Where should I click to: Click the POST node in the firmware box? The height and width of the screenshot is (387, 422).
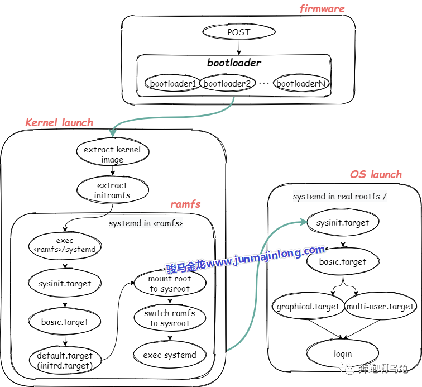click(x=238, y=32)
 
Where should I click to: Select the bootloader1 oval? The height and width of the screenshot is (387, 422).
click(x=173, y=84)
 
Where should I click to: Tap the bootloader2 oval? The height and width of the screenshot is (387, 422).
click(x=227, y=84)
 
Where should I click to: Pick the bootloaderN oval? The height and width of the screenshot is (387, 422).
click(x=301, y=84)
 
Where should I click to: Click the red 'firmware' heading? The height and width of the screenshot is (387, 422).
click(x=322, y=8)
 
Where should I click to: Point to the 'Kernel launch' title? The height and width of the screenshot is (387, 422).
click(x=59, y=122)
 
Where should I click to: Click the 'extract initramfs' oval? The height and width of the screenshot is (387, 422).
click(x=112, y=190)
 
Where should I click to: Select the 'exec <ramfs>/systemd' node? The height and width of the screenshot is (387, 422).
click(x=65, y=245)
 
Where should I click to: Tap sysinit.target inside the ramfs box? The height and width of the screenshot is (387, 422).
click(x=65, y=283)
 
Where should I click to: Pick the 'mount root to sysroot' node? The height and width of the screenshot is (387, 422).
click(x=170, y=284)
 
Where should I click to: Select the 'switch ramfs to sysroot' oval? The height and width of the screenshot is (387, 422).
click(x=170, y=318)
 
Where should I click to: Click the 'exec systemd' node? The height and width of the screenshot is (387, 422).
click(x=170, y=355)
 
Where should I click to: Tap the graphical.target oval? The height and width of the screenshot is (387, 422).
click(x=308, y=307)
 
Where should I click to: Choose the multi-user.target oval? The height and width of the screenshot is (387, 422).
click(x=380, y=307)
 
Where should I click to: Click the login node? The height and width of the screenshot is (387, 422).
click(x=343, y=353)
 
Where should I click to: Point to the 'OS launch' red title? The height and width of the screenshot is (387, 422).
click(x=375, y=174)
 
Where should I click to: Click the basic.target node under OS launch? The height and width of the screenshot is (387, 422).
click(x=343, y=261)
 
